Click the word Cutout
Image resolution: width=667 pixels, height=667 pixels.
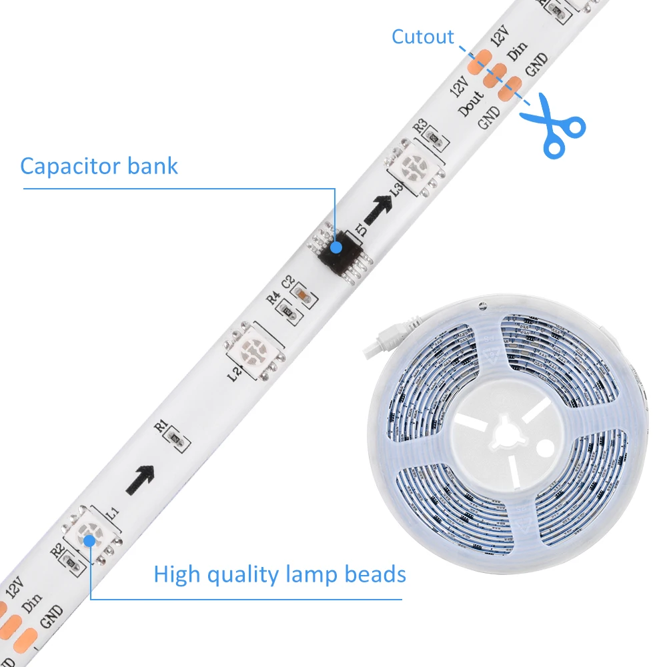coord(422,37)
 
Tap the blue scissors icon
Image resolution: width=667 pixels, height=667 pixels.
coord(553,126)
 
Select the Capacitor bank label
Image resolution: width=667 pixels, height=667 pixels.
coord(99,165)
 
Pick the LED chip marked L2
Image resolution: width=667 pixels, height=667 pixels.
coord(255,348)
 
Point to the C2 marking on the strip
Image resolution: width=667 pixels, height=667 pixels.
coord(288,283)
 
